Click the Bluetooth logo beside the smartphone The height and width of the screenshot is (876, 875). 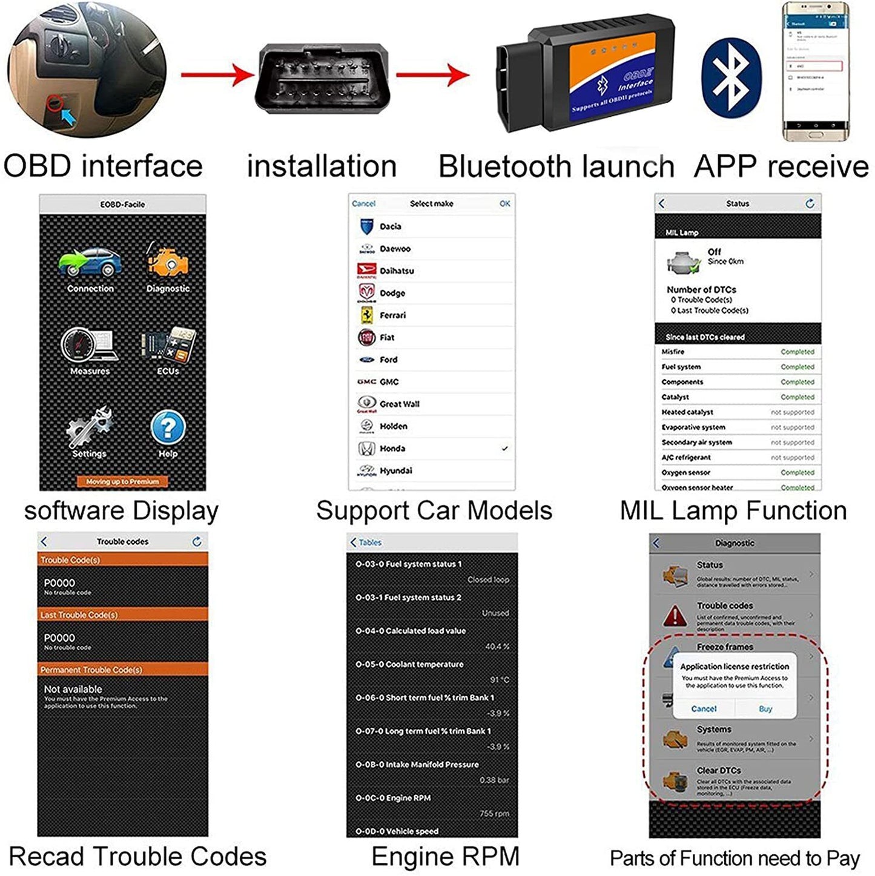click(731, 78)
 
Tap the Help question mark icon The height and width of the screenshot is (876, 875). click(168, 427)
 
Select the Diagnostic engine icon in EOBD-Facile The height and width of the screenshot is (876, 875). click(168, 262)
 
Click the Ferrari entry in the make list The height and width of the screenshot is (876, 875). click(392, 315)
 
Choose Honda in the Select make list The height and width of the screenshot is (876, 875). click(392, 449)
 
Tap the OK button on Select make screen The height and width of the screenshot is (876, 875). click(504, 204)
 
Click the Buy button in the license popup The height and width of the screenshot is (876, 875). click(765, 709)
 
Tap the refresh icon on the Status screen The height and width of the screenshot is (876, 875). click(810, 204)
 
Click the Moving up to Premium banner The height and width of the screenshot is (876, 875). click(122, 482)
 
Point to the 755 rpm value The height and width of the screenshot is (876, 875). click(494, 814)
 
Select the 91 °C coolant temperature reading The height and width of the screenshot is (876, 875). click(499, 680)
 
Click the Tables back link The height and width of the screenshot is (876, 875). click(366, 542)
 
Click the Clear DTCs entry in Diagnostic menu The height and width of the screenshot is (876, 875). click(719, 771)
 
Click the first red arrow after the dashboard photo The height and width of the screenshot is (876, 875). click(217, 76)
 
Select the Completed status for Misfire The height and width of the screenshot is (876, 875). click(797, 352)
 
